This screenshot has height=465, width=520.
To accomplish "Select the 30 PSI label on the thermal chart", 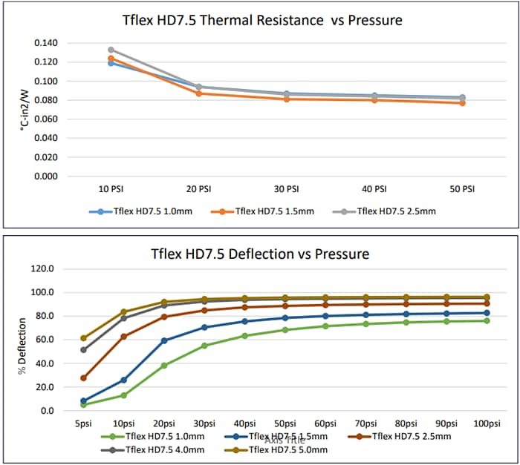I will pos(287,189).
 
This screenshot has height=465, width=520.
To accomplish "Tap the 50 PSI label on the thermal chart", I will pos(461,189).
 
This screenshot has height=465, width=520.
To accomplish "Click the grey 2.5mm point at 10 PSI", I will pos(111,50).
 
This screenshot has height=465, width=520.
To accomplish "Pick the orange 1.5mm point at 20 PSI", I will pos(198,93).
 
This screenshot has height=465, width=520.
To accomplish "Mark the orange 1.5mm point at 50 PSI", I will pos(461,103).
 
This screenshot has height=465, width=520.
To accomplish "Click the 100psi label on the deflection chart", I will pos(487,423).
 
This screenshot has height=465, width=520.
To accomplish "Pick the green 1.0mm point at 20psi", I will pos(164,366).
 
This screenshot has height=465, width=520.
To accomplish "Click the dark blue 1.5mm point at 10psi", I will pos(123,380).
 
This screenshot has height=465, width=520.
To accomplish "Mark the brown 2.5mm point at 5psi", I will pos(84,378).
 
